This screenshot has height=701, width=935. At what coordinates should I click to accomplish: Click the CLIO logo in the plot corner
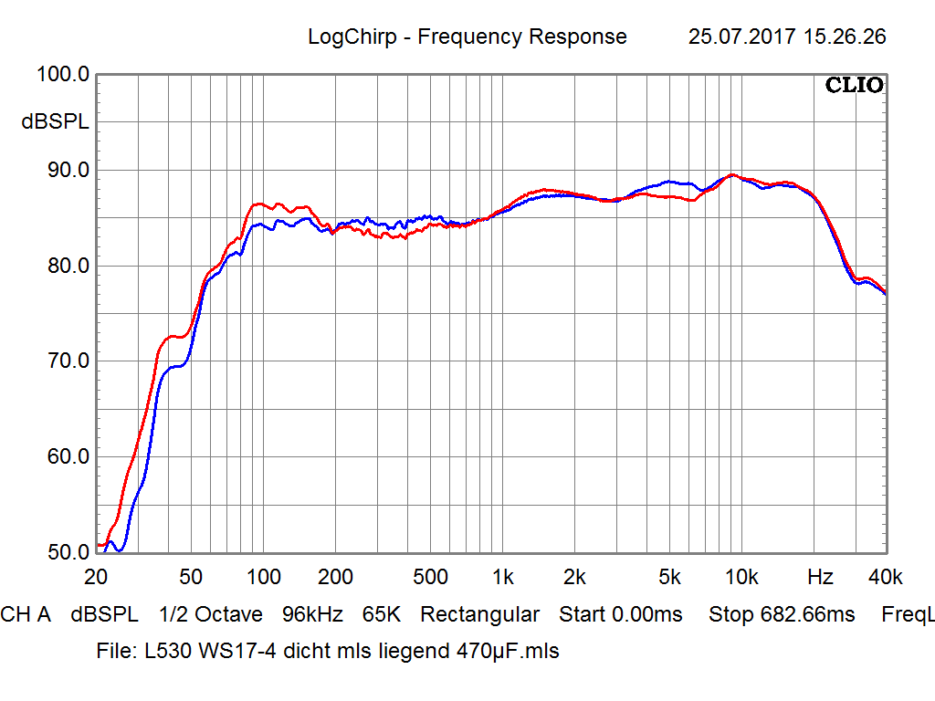click(x=855, y=86)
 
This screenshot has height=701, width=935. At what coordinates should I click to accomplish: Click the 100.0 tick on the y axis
click(x=62, y=75)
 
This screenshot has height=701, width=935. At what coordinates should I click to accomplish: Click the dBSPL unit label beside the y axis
click(x=56, y=122)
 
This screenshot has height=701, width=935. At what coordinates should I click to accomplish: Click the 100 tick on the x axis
click(x=263, y=577)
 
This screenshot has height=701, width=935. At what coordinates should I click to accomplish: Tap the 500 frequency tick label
click(x=430, y=577)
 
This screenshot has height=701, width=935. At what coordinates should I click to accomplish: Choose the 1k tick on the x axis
click(x=502, y=577)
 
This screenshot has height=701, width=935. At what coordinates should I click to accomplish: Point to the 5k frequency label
click(x=669, y=577)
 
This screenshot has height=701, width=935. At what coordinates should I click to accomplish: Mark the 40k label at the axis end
click(x=885, y=577)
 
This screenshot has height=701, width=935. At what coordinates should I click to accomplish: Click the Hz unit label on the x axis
click(x=820, y=577)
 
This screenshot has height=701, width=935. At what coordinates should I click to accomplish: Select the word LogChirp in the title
click(x=352, y=37)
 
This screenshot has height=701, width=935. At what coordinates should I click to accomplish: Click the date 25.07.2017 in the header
click(x=741, y=37)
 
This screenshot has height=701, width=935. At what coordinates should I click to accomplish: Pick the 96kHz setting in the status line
click(x=312, y=614)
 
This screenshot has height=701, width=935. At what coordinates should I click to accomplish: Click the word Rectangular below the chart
click(x=479, y=614)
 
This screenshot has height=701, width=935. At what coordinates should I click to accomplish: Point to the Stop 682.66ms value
click(x=782, y=614)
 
